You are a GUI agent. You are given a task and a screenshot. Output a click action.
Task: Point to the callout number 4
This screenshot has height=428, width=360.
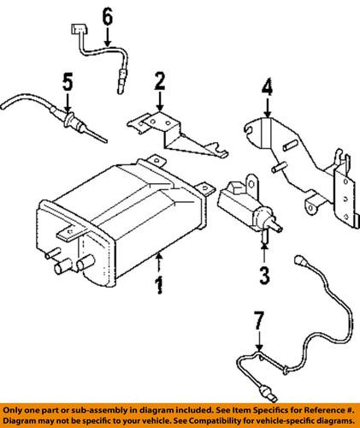[267, 86]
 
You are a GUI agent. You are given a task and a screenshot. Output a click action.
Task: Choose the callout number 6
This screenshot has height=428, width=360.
[107, 16]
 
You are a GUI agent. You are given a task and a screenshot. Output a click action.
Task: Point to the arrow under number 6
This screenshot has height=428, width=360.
[107, 37]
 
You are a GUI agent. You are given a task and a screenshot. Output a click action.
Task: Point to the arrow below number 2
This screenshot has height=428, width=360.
[159, 106]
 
